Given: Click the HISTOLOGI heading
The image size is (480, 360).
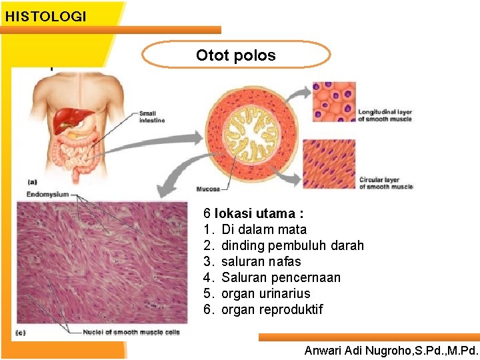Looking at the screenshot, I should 45,17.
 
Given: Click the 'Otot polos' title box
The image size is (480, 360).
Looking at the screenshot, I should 236,55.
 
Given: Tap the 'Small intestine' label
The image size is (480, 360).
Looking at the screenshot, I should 152,116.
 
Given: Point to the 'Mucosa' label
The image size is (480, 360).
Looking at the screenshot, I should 208,189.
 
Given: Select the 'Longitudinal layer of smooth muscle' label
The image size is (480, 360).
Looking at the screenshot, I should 385,115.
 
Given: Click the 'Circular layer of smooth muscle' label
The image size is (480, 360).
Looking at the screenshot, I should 385,183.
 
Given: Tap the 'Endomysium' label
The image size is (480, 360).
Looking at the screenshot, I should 47,194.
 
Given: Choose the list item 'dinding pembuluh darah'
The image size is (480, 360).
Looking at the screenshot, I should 293,246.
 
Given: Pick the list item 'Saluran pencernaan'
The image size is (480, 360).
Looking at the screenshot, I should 281,278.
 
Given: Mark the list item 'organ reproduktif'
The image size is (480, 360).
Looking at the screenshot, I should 272,310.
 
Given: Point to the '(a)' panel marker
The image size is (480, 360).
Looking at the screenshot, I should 32,181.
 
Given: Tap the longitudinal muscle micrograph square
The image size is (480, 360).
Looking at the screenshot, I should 335,102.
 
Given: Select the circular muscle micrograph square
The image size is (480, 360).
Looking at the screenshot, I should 329,164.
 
